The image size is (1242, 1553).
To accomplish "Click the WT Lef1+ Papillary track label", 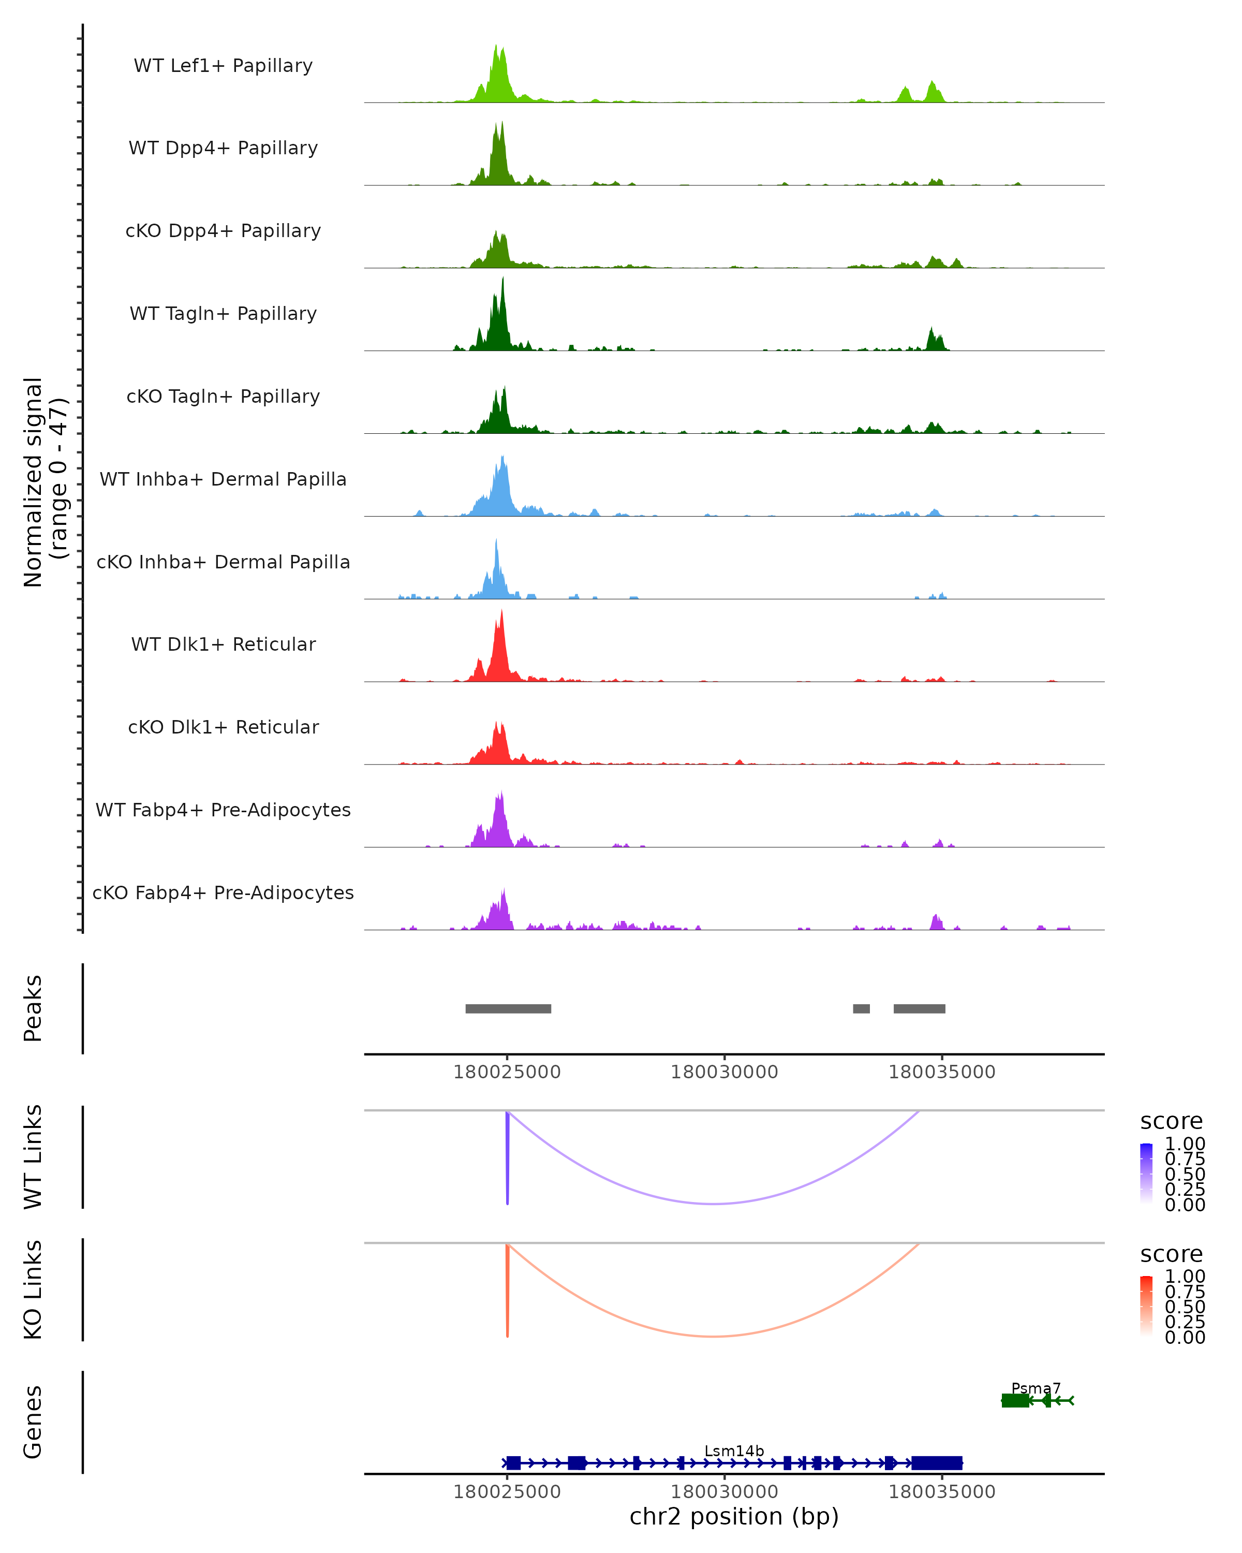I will click(223, 66).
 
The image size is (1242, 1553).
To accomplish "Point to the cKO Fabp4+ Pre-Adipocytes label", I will click(223, 892).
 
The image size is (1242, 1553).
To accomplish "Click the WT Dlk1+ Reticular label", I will click(223, 644).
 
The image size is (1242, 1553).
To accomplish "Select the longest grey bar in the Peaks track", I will click(508, 1008).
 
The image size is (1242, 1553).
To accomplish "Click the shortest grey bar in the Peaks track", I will click(861, 1008).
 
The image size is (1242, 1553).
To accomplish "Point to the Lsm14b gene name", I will click(734, 1451).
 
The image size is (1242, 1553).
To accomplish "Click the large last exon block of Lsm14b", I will click(937, 1463).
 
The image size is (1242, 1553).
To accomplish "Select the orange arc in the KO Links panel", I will click(713, 1336).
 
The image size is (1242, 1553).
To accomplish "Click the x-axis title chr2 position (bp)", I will click(734, 1516).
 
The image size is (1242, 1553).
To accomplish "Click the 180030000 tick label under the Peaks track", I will click(724, 1072).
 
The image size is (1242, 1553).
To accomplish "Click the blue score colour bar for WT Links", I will click(1146, 1174).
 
